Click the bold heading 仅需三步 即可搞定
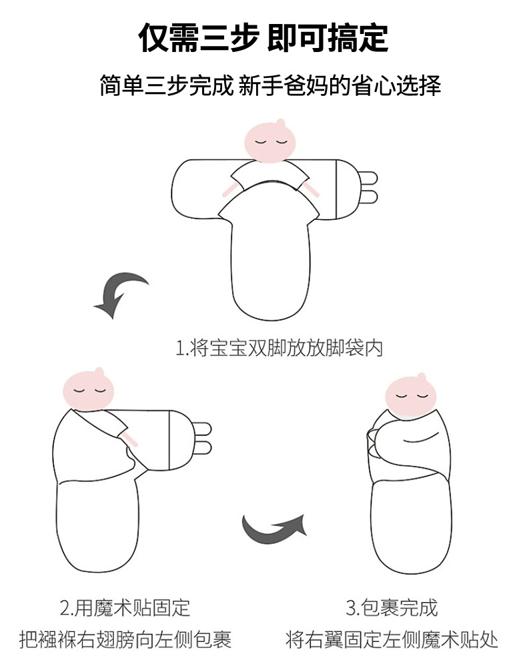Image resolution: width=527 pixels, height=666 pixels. (x=263, y=38)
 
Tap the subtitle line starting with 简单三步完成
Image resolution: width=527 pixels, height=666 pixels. (x=270, y=85)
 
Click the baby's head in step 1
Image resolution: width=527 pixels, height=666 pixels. (x=270, y=141)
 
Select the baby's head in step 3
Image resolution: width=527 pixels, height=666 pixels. (x=410, y=395)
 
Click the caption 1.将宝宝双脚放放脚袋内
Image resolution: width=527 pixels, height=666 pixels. (x=280, y=348)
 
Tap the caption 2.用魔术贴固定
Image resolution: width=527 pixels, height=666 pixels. (x=125, y=608)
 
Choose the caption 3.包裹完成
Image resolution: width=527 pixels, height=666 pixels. (x=392, y=608)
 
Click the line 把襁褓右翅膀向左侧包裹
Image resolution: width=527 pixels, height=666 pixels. (x=125, y=639)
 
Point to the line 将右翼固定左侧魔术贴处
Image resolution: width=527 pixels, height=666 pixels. (x=392, y=639)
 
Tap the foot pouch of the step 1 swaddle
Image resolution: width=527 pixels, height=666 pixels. (x=271, y=272)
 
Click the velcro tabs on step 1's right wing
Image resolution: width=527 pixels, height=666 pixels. (x=369, y=187)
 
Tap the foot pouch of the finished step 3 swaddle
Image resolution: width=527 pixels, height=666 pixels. (x=411, y=527)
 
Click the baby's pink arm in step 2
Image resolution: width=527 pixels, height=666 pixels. (x=129, y=439)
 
